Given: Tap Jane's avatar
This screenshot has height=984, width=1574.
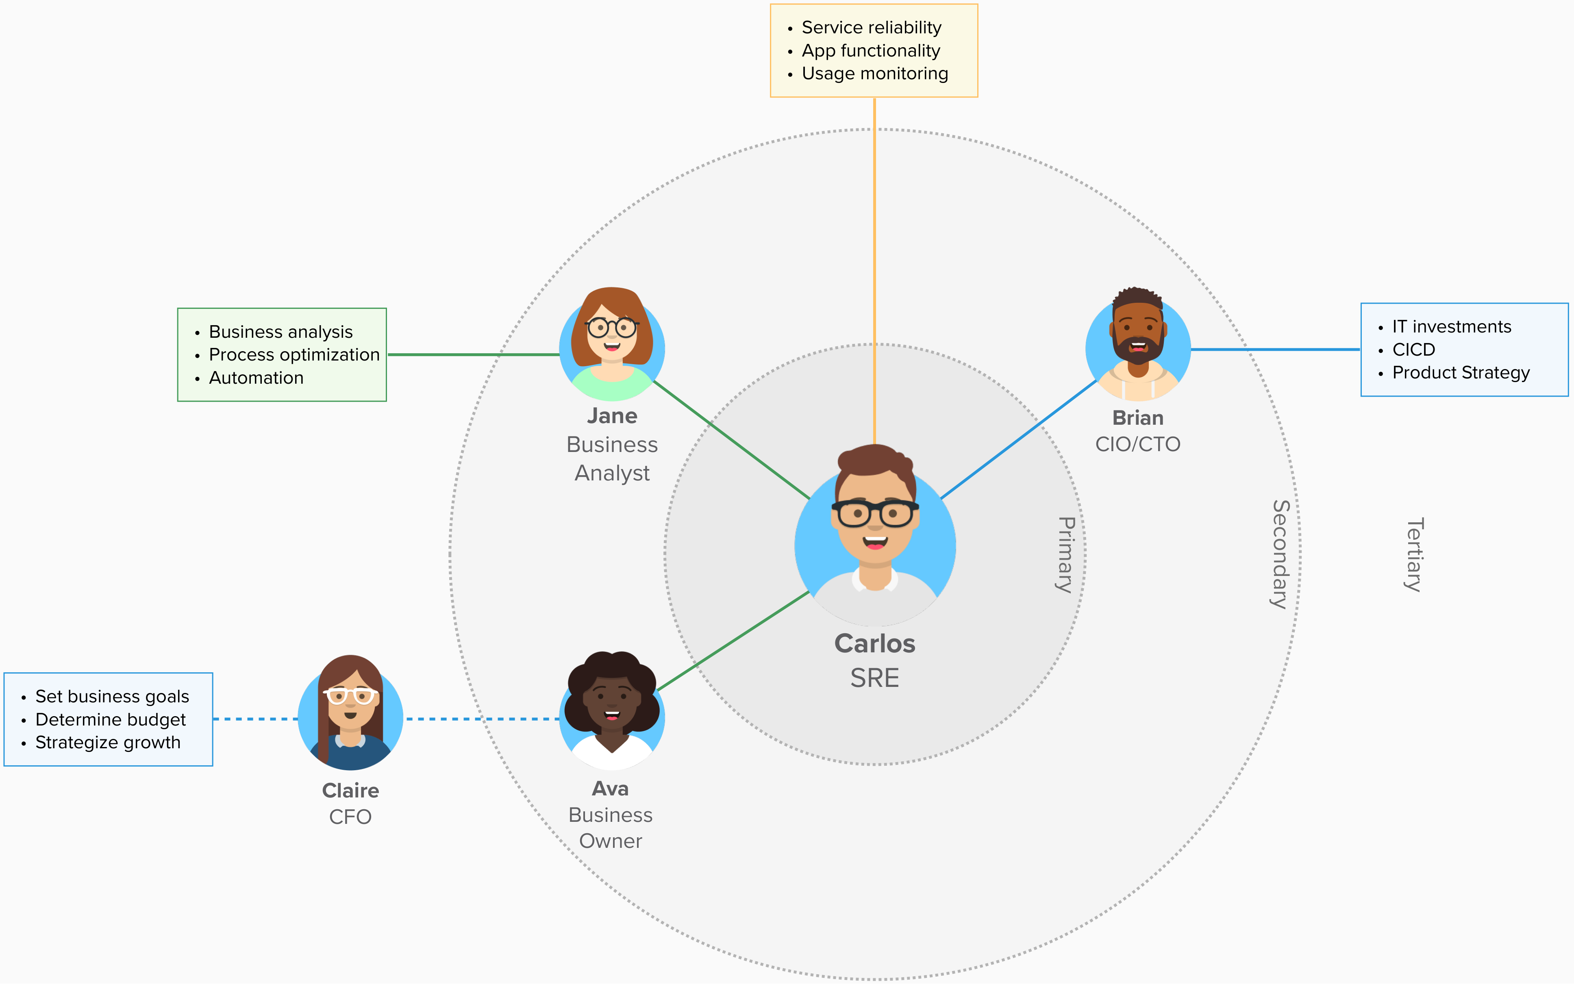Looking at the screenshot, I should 612,345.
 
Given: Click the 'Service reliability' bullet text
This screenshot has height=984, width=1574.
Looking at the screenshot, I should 871,27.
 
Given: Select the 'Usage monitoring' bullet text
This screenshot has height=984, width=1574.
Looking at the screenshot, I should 874,74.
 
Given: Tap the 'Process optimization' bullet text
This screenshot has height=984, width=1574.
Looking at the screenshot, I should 294,355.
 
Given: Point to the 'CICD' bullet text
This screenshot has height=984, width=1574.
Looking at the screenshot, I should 1413,350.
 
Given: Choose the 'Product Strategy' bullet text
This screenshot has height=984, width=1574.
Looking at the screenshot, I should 1461,373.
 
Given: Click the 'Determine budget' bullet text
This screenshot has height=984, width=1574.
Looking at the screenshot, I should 110,720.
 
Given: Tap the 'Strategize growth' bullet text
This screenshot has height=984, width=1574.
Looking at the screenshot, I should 108,743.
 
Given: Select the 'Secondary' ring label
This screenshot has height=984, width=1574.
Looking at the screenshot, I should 1280,554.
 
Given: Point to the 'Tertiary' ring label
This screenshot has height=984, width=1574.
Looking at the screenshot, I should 1414,554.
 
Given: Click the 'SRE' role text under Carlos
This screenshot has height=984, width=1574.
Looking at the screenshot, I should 874,678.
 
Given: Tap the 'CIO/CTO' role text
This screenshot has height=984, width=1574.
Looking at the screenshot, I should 1137,445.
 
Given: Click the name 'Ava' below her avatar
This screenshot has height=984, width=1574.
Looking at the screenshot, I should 610,789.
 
